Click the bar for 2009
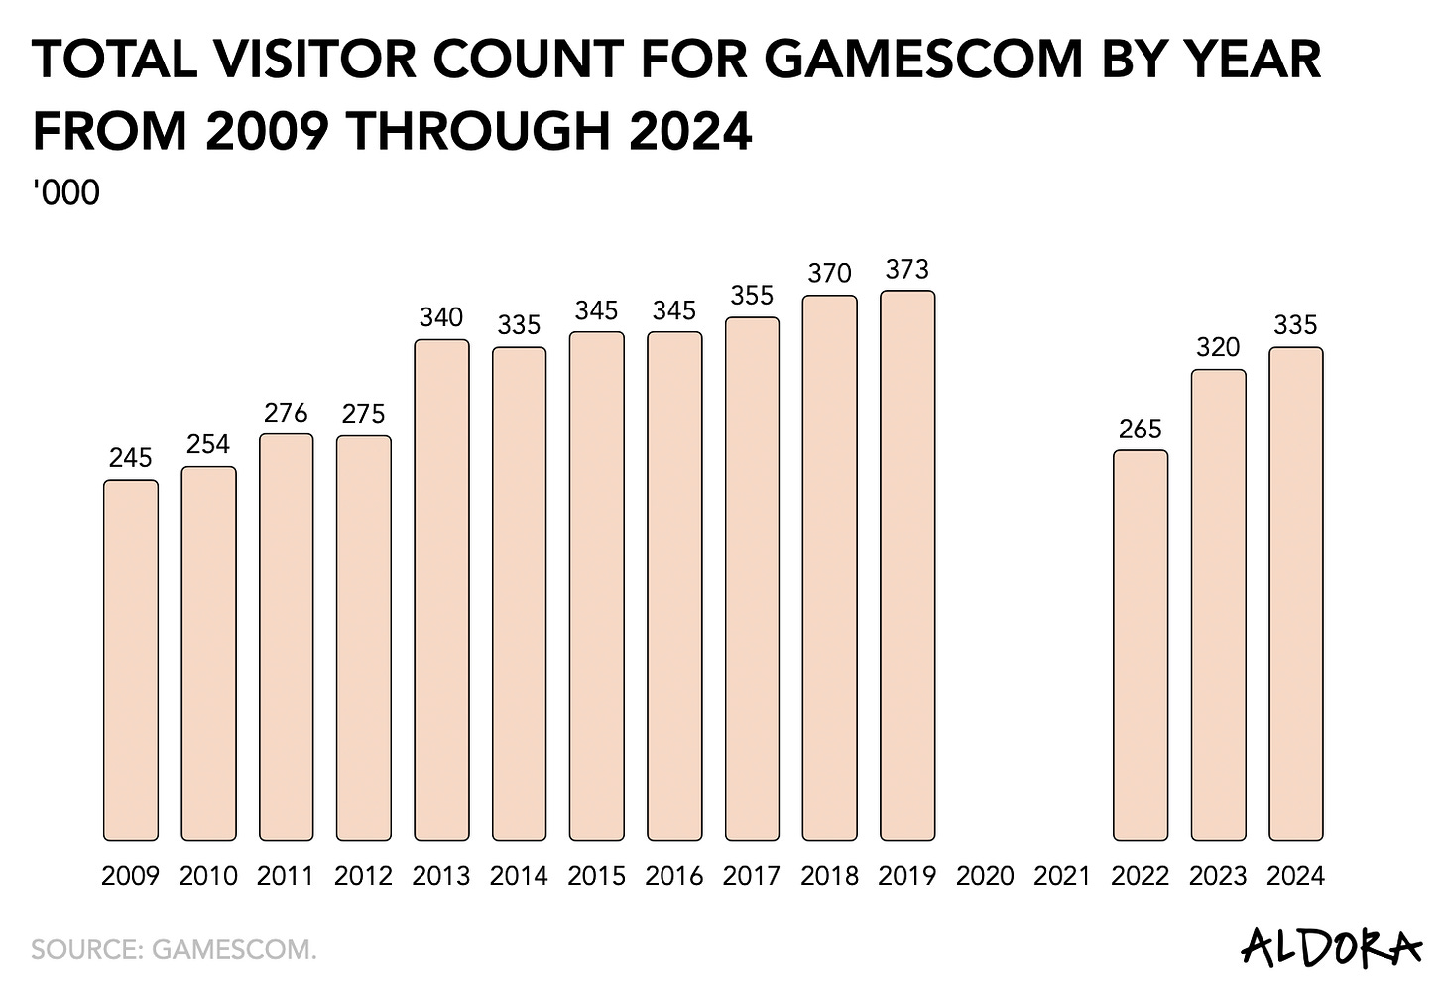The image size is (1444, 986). tap(131, 661)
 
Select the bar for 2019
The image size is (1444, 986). tap(907, 565)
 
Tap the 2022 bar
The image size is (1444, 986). tap(1141, 646)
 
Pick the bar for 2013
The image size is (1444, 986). tap(441, 590)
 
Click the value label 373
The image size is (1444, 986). tap(907, 270)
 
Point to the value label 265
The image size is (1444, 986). tap(1141, 430)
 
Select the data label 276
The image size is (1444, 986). tap(287, 413)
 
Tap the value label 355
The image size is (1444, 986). tap(752, 296)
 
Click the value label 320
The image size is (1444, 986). tap(1218, 348)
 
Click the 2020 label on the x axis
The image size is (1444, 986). tap(985, 876)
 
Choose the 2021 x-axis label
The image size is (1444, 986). tap(1062, 876)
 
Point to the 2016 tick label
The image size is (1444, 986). tap(674, 876)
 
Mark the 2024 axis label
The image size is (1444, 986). tap(1296, 876)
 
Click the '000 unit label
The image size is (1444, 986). tap(66, 192)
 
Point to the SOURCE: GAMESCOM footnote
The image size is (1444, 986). tap(175, 949)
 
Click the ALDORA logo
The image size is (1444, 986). tap(1330, 947)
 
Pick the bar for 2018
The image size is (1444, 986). tap(830, 567)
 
